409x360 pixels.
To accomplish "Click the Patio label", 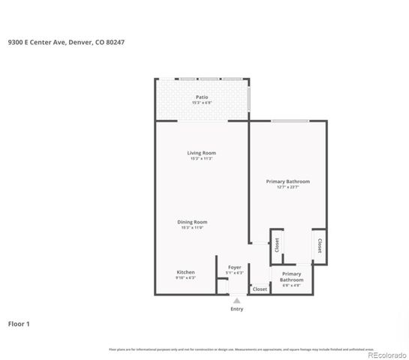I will pyautogui.click(x=201, y=97).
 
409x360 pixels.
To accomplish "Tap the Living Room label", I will pyautogui.click(x=201, y=153).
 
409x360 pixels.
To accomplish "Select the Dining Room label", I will pyautogui.click(x=192, y=222).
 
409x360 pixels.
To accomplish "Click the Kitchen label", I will pyautogui.click(x=185, y=271).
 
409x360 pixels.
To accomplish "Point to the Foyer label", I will pyautogui.click(x=234, y=267).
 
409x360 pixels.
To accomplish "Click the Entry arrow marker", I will pyautogui.click(x=237, y=300).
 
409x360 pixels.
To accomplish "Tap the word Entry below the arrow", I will pyautogui.click(x=237, y=309).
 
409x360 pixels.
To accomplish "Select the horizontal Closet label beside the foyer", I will pyautogui.click(x=260, y=289).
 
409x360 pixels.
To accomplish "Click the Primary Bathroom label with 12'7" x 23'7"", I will pyautogui.click(x=287, y=181).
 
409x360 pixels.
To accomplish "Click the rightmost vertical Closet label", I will pyautogui.click(x=319, y=245).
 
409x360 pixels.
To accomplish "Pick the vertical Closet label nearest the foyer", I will pyautogui.click(x=277, y=245).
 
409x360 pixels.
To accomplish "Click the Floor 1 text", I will pyautogui.click(x=19, y=324).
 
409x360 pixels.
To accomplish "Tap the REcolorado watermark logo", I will pyautogui.click(x=386, y=355).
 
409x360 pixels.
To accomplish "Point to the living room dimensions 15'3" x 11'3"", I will pyautogui.click(x=201, y=159).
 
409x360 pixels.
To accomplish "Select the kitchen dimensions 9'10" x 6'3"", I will pyautogui.click(x=185, y=277).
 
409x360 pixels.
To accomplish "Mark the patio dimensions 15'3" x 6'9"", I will pyautogui.click(x=201, y=103).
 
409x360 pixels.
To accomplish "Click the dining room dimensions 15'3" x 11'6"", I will pyautogui.click(x=192, y=228).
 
